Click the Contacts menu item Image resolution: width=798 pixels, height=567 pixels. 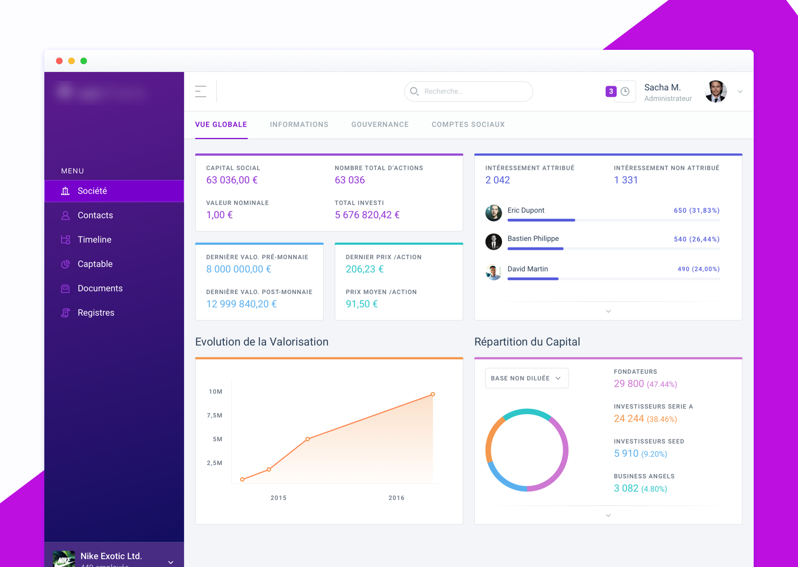coord(95,215)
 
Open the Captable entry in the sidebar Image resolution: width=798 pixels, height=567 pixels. coord(95,264)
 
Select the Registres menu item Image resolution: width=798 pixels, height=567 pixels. coord(95,313)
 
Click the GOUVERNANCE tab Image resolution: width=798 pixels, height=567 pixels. coord(380,125)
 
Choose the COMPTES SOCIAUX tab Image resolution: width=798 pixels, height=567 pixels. coord(468,125)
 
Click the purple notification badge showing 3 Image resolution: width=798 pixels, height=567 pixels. coord(611,91)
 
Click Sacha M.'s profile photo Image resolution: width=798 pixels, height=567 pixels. coord(716,91)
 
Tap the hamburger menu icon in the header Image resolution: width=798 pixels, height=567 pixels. coord(201,91)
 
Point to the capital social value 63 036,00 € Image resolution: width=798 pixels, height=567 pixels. coord(232,180)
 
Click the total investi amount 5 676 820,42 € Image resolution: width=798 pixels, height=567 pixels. coord(367,215)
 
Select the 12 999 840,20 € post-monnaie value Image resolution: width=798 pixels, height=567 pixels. coord(241,304)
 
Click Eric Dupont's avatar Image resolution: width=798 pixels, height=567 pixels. coord(493,213)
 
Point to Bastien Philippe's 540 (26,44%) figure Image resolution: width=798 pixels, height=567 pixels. coord(696,239)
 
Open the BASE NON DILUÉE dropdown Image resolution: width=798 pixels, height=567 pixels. coord(526,378)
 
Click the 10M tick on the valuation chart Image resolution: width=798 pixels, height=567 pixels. coord(216,391)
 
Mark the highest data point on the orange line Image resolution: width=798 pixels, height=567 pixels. coord(433,394)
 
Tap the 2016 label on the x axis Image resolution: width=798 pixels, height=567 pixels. coord(396,498)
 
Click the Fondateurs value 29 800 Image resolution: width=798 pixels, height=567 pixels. coord(628,384)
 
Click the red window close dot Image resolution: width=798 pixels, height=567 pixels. coord(59,61)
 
